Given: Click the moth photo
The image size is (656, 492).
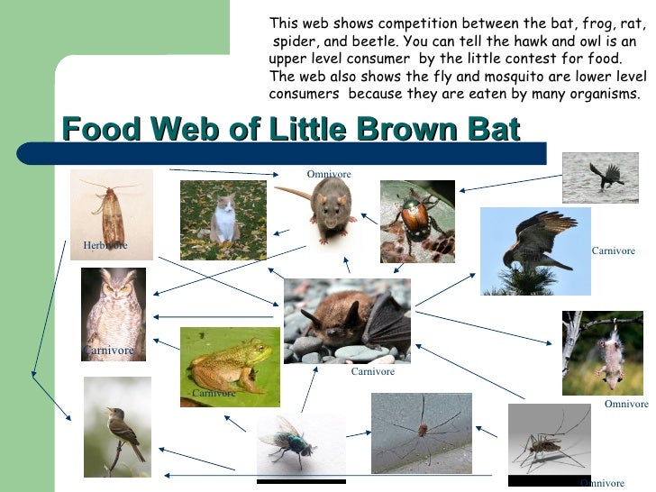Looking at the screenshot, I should point(112,214).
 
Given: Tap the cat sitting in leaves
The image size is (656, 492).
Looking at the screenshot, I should point(223,220).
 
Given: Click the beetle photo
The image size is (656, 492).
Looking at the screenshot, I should point(416,221).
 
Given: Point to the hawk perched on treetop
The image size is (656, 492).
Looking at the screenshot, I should point(534,251).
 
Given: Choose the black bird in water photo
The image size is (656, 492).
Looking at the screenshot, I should point(600,177).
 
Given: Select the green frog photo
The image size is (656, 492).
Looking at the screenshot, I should point(230,366).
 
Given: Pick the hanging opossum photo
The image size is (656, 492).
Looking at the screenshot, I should point(603,352).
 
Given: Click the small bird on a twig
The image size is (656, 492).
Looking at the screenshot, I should point(117,426).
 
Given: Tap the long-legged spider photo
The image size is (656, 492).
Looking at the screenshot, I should point(421,433).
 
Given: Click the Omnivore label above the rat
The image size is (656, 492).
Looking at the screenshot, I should point(328,174).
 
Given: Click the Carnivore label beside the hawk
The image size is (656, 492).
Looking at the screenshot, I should point(613,251).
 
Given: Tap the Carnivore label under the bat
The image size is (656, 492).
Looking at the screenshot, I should point(372,371).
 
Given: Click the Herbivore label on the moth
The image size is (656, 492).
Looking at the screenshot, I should point(105,245).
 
